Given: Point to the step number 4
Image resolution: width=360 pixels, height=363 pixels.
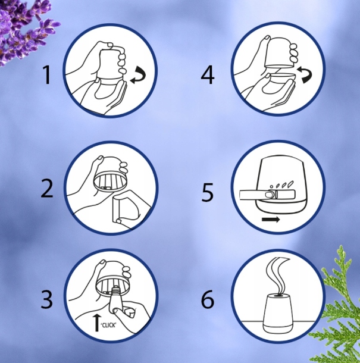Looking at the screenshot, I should coord(208,76).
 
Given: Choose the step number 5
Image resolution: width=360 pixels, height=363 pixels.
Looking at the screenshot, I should coord(208,192).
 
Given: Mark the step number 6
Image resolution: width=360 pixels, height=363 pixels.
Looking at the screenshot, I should coord(208,300).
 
